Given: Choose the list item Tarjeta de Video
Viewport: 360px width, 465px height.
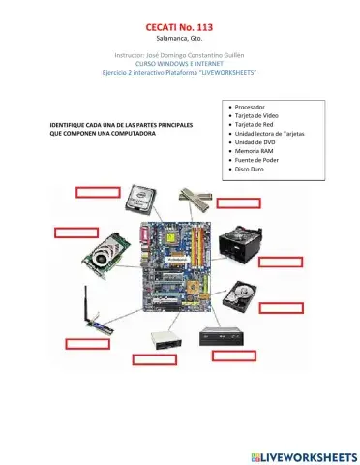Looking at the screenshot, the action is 257,115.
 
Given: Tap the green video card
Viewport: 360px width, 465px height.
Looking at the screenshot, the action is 109,254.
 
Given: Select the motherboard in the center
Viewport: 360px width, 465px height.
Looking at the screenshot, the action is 175,266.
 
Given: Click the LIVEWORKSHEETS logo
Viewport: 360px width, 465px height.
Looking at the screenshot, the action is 303,455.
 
